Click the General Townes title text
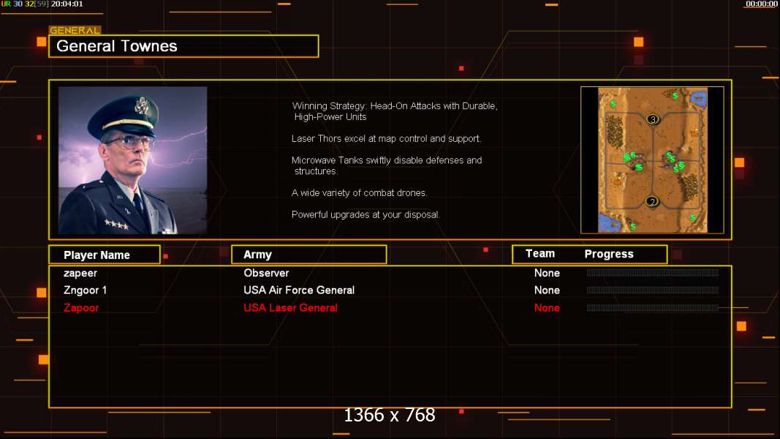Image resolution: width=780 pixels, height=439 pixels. tap(116, 46)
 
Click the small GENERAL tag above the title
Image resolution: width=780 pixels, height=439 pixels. tap(75, 30)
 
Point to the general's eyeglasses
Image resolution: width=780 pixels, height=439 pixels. tap(129, 143)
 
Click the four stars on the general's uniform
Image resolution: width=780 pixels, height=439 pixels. tap(116, 225)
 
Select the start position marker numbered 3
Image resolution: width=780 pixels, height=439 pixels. tap(653, 119)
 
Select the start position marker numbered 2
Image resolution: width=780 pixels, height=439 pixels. tap(651, 202)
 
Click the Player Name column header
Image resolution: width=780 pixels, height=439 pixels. tap(96, 255)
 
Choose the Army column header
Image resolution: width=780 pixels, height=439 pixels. tap(257, 255)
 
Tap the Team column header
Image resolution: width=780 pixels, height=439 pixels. tap(539, 253)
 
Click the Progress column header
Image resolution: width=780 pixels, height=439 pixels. tap(609, 254)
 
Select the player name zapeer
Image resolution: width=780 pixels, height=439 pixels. tap(80, 273)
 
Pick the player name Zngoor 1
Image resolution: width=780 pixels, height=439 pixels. tap(85, 290)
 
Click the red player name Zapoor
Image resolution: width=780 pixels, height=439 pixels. tap(81, 308)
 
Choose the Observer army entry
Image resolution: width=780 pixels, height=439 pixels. tap(266, 273)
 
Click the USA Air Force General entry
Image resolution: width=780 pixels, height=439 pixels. tap(299, 290)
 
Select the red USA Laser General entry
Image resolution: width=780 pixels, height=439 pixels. tap(290, 307)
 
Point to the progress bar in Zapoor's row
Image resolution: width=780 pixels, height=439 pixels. tap(653, 307)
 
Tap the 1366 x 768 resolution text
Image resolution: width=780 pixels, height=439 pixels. tap(390, 415)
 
